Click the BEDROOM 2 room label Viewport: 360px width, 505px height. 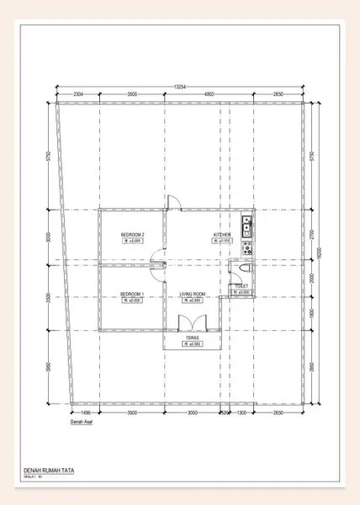click(x=132, y=235)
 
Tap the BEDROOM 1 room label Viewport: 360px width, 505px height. click(x=132, y=294)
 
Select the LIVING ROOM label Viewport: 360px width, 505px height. click(x=193, y=294)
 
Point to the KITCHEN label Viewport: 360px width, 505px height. click(x=222, y=235)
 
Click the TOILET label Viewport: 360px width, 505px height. click(x=242, y=286)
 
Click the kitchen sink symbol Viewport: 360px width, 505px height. click(x=246, y=225)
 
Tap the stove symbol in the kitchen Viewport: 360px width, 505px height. click(x=246, y=247)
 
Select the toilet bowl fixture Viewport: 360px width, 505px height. click(x=244, y=267)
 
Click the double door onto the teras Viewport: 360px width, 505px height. click(x=193, y=322)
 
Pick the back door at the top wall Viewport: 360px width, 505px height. click(x=172, y=201)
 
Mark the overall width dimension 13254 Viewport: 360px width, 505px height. click(x=180, y=86)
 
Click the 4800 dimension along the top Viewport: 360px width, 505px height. click(x=193, y=94)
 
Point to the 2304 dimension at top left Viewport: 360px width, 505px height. click(x=77, y=94)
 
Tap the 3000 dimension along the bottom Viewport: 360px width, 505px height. click(x=192, y=413)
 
